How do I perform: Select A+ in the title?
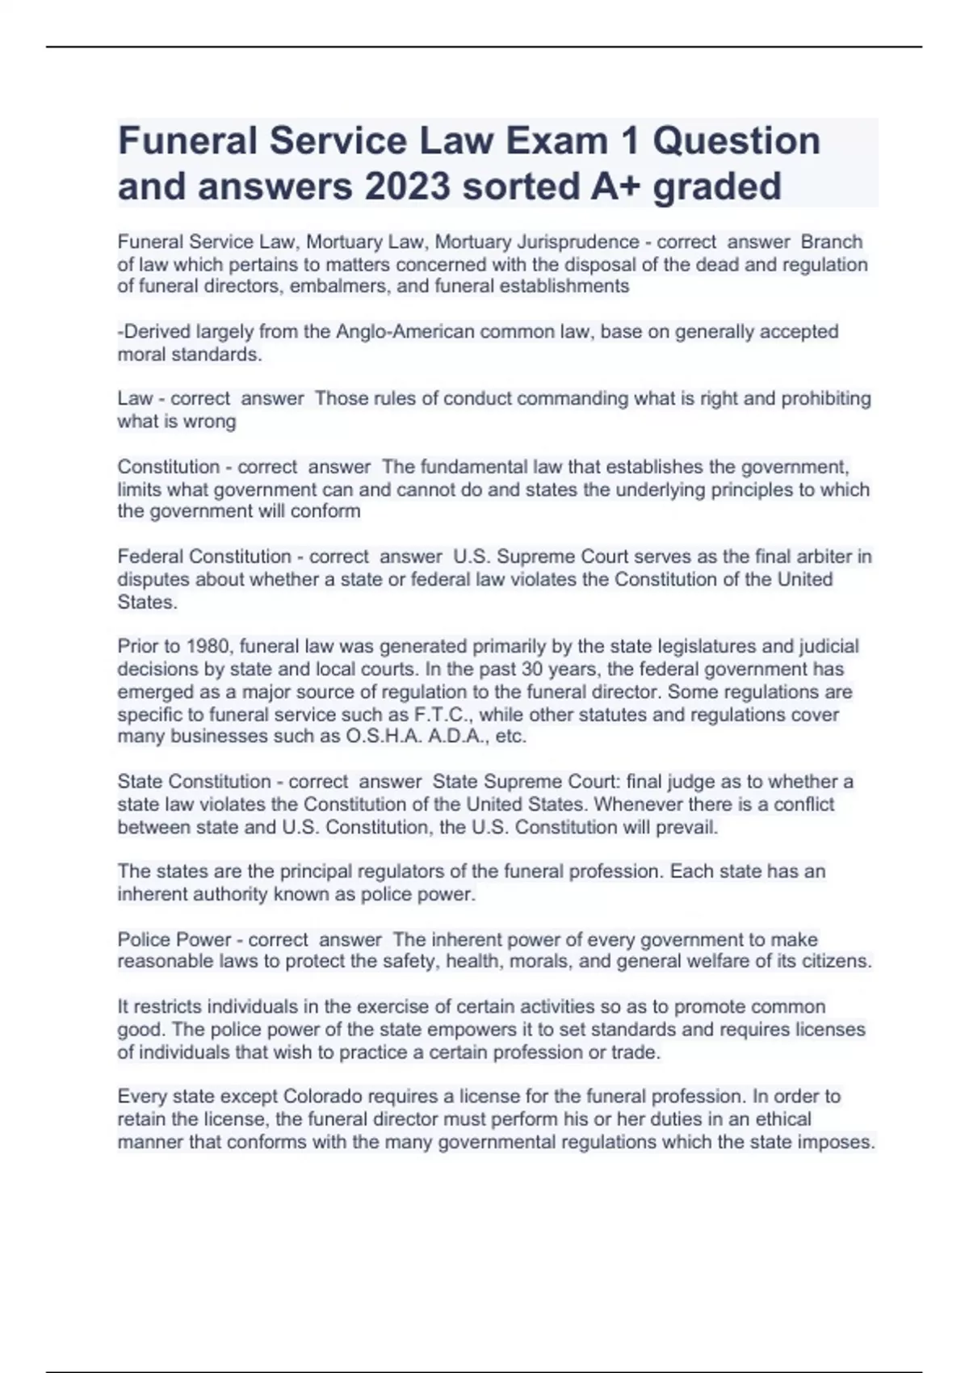[615, 186]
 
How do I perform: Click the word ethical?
[780, 1119]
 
